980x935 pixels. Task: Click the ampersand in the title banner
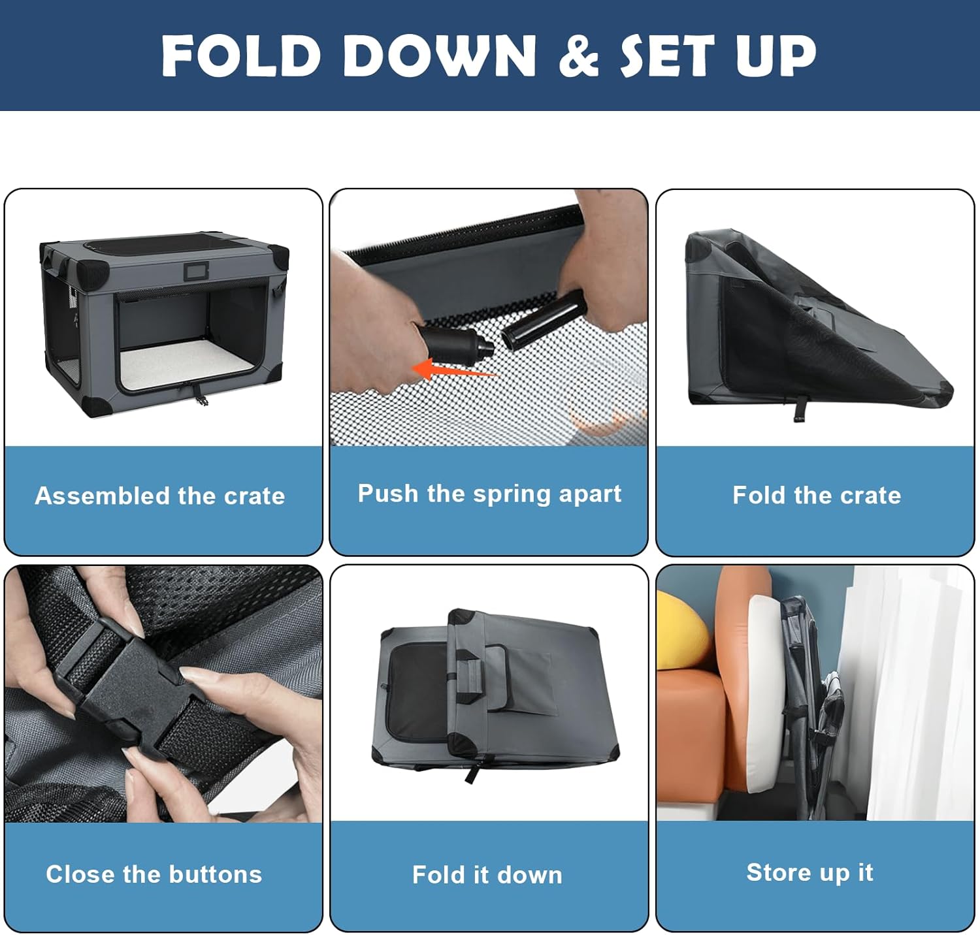[579, 55]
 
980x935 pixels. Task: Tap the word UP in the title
[776, 55]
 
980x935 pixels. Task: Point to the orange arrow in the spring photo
[455, 370]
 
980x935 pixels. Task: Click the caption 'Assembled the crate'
[160, 496]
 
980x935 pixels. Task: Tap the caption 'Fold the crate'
[817, 495]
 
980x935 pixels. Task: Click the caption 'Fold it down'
[487, 874]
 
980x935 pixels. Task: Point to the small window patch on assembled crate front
[195, 271]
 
